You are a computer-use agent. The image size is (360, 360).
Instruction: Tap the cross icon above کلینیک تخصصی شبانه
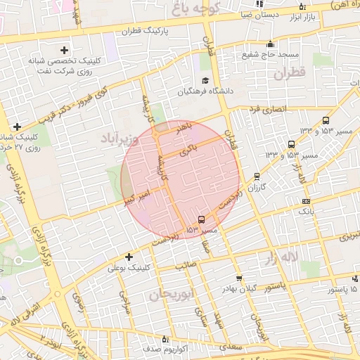[65, 50]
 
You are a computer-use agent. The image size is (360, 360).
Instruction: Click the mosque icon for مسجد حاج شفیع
[269, 44]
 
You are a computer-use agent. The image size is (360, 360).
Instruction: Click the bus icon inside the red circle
[202, 219]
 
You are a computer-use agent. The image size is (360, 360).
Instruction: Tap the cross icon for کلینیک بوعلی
[129, 257]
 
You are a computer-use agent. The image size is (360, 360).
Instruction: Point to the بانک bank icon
[305, 201]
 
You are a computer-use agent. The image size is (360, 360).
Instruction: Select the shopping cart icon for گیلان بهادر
[240, 278]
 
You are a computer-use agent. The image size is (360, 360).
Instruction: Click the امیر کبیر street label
[134, 191]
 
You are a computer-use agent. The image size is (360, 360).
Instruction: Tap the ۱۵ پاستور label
[342, 290]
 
